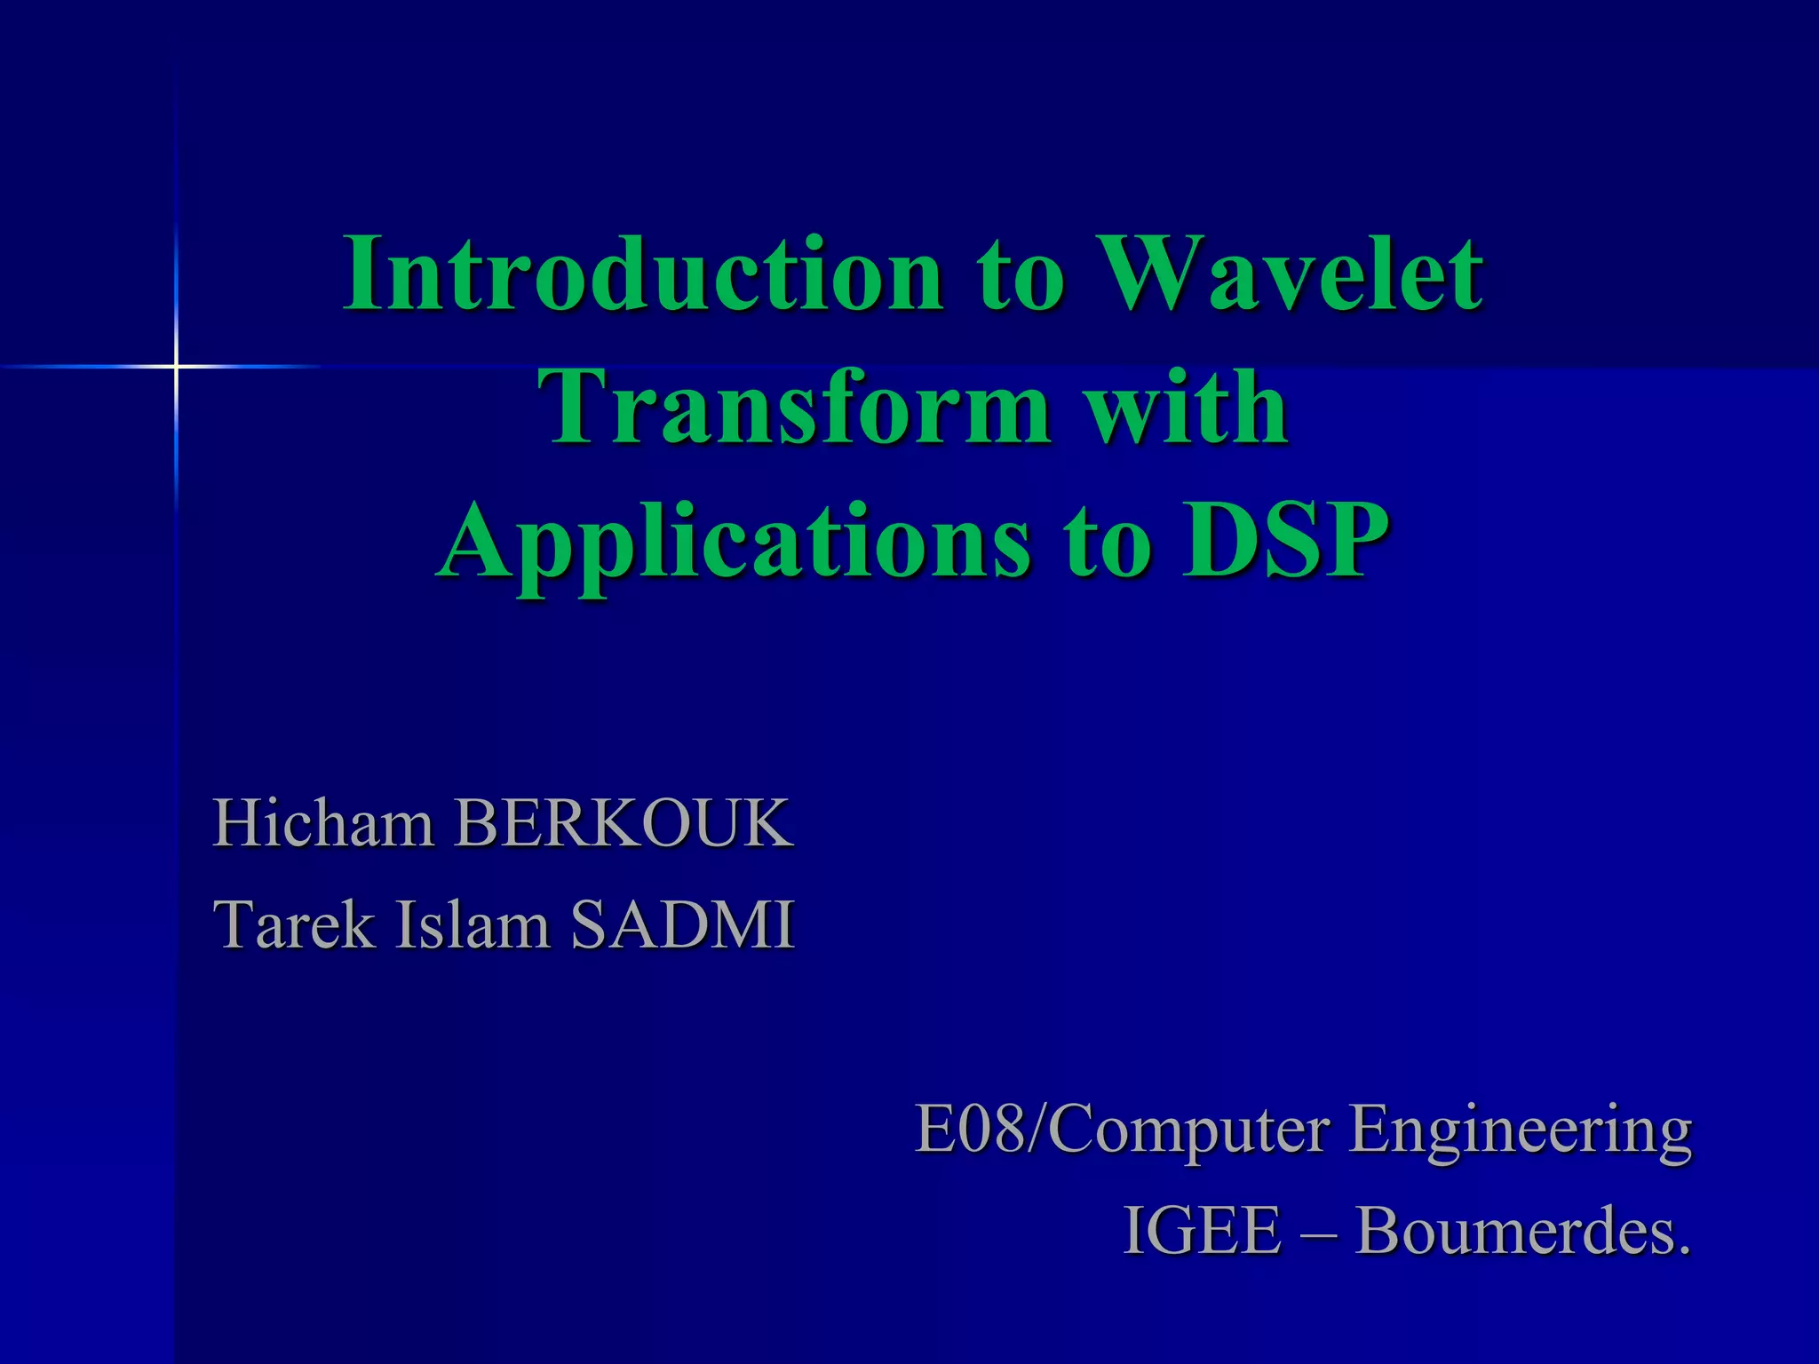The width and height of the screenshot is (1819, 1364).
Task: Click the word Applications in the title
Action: tap(734, 542)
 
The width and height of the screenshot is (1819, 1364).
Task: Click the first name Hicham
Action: tap(323, 824)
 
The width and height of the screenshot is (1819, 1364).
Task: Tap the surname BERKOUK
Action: tap(624, 824)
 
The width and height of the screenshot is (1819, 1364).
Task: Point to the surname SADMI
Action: tap(682, 925)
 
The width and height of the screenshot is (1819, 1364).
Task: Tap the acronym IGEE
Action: tap(1203, 1231)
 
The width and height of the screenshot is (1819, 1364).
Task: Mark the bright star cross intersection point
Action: tap(176, 366)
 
